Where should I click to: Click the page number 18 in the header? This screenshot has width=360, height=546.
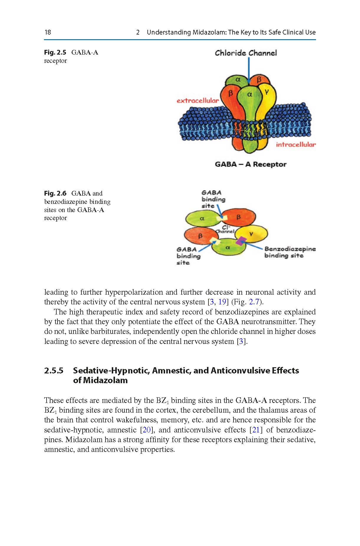click(x=48, y=32)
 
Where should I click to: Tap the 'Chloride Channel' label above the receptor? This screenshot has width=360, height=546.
click(x=246, y=53)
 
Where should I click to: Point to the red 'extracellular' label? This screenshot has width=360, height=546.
click(x=198, y=101)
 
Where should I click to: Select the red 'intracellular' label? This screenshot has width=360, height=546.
click(x=295, y=145)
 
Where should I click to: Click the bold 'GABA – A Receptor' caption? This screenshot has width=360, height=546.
click(x=250, y=164)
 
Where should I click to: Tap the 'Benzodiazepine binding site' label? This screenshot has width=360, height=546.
click(x=289, y=252)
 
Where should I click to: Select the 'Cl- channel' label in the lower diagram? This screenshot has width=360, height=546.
click(x=225, y=229)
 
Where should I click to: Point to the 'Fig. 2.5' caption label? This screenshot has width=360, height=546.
click(x=55, y=53)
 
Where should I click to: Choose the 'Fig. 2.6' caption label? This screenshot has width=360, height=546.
click(x=55, y=194)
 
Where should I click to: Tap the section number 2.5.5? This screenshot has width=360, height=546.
click(x=54, y=370)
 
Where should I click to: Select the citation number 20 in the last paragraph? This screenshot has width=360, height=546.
click(x=147, y=430)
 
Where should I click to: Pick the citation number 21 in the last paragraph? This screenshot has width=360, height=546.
click(x=256, y=430)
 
